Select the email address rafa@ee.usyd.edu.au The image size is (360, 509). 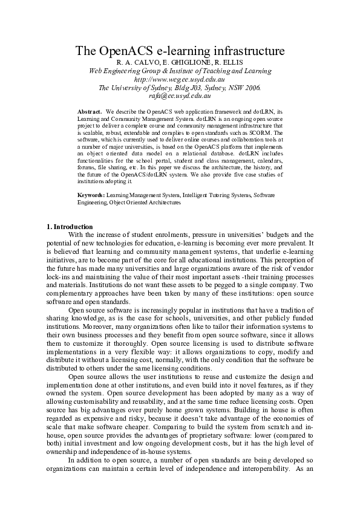180,95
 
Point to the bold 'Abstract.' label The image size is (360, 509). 90,112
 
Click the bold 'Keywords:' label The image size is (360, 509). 91,196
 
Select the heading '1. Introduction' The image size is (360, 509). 70,227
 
